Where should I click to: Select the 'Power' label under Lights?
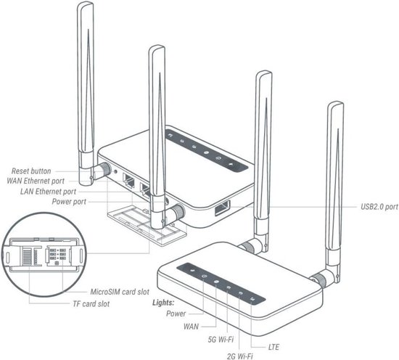(176, 314)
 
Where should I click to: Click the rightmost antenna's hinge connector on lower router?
(319, 278)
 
